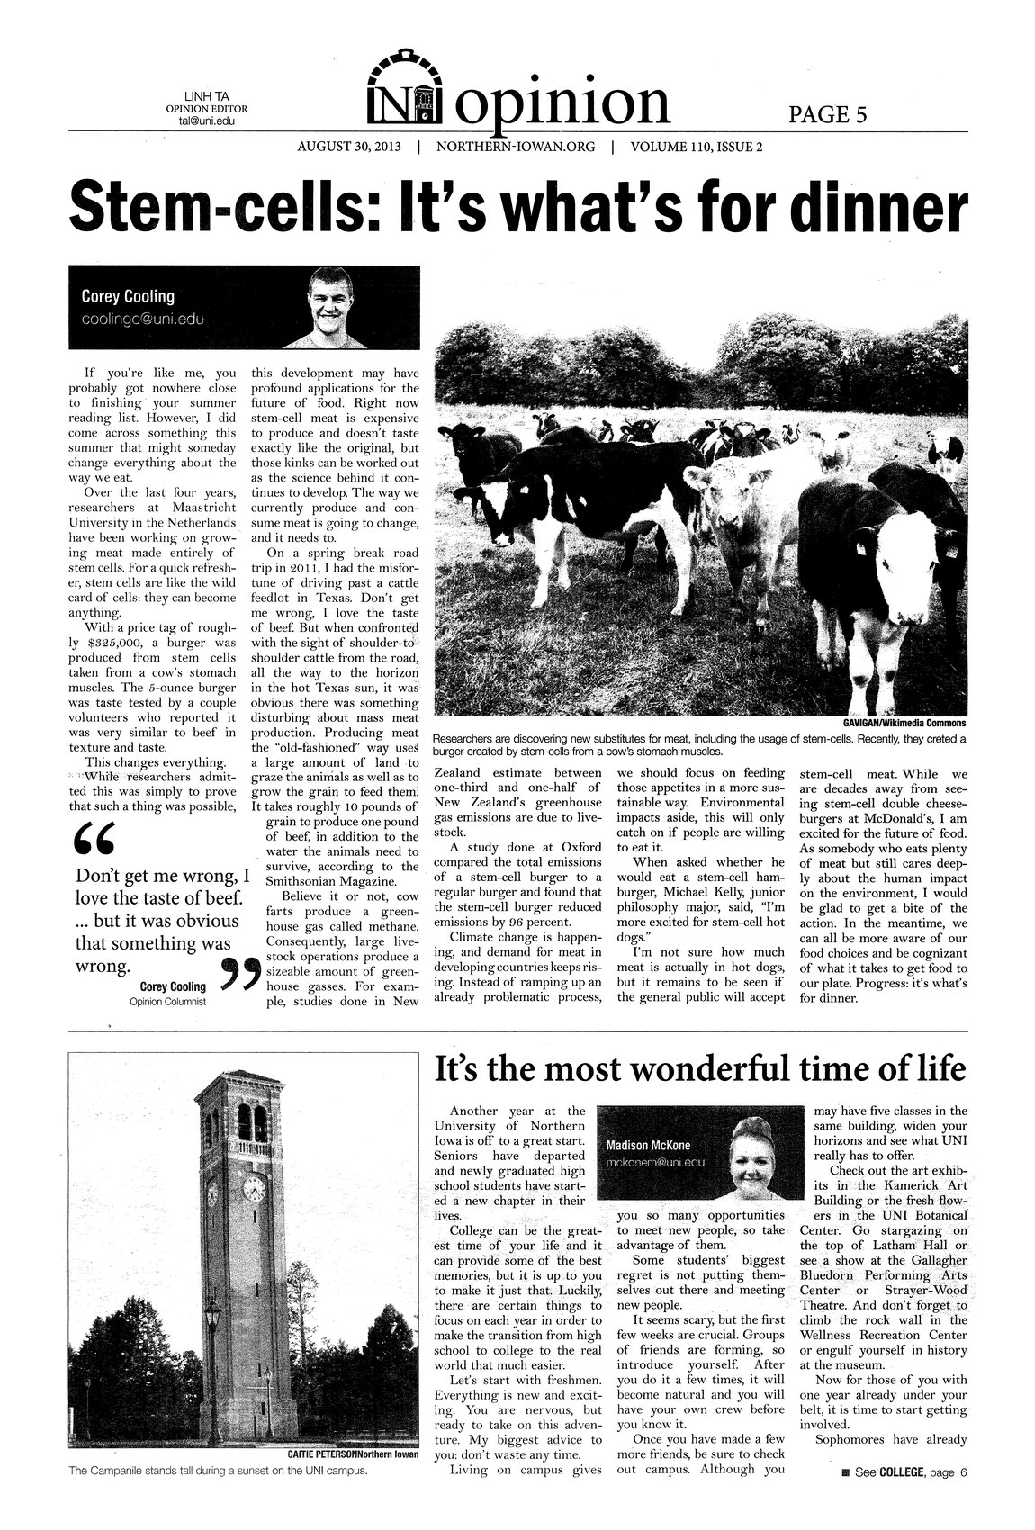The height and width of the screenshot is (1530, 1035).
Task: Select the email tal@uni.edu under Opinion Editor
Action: pos(207,121)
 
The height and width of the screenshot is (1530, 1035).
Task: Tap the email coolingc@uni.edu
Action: pos(143,319)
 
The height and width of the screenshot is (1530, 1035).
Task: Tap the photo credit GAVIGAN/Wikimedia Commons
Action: pos(904,722)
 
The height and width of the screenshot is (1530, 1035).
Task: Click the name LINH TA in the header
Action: pos(207,96)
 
